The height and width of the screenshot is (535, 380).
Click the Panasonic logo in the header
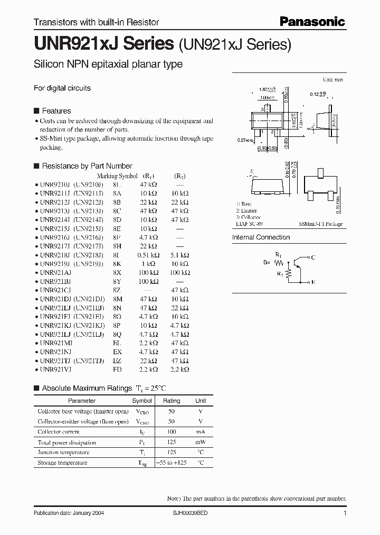tap(312, 22)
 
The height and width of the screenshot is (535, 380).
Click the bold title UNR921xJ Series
tap(104, 44)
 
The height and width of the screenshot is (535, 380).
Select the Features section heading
tap(56, 111)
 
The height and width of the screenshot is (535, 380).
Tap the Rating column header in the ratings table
tap(172, 401)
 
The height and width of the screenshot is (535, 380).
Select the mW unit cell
tap(201, 442)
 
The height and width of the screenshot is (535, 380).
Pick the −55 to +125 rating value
tap(172, 463)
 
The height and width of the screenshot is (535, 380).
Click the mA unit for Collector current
tap(201, 432)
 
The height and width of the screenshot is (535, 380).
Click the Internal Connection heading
tap(261, 237)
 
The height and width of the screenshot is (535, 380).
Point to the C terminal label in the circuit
tap(313, 257)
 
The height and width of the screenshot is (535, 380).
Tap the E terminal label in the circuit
tap(313, 282)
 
